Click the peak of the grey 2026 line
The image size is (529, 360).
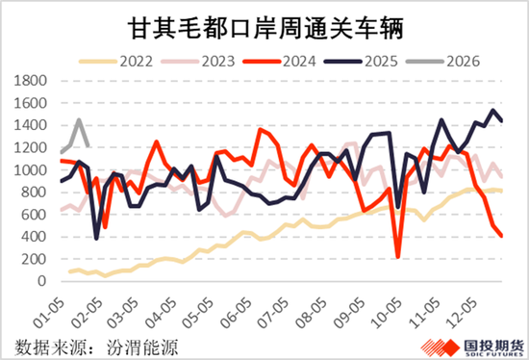coord(78,120)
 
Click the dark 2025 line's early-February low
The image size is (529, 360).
coord(97,238)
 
